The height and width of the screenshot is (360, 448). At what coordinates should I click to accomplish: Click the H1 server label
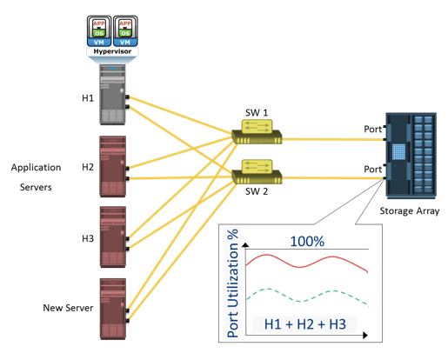tap(88, 98)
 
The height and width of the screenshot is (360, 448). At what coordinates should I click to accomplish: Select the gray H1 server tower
tap(113, 95)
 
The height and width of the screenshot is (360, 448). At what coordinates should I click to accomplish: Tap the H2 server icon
tap(113, 166)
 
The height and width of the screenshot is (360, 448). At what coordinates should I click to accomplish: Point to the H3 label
tap(88, 238)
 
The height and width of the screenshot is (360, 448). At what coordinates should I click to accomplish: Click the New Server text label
tap(68, 308)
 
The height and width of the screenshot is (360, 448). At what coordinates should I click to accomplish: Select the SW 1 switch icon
tap(257, 132)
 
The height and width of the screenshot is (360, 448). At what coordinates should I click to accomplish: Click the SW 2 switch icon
tap(257, 171)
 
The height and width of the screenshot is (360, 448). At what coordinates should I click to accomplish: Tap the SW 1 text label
tap(257, 112)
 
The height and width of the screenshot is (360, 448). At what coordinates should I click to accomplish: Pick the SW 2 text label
tap(257, 191)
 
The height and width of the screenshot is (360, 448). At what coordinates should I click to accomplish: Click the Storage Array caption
tap(410, 211)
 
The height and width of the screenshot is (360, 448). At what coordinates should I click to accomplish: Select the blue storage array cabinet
tap(411, 156)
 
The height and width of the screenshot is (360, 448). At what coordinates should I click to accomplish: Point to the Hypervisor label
tap(112, 51)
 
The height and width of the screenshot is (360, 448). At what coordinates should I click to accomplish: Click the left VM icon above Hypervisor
tap(99, 31)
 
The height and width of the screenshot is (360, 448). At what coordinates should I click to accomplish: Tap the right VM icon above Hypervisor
tap(125, 31)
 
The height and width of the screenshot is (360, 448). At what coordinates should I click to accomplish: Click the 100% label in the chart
tap(307, 241)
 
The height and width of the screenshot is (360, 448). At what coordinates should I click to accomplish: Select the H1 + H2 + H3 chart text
tap(305, 324)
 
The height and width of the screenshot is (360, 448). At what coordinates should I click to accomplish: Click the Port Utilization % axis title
tap(232, 283)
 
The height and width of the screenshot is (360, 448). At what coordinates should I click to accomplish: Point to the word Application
tap(36, 168)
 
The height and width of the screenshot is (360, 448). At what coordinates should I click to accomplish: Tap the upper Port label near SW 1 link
tap(373, 129)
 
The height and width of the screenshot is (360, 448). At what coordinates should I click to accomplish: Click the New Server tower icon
tap(113, 309)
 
